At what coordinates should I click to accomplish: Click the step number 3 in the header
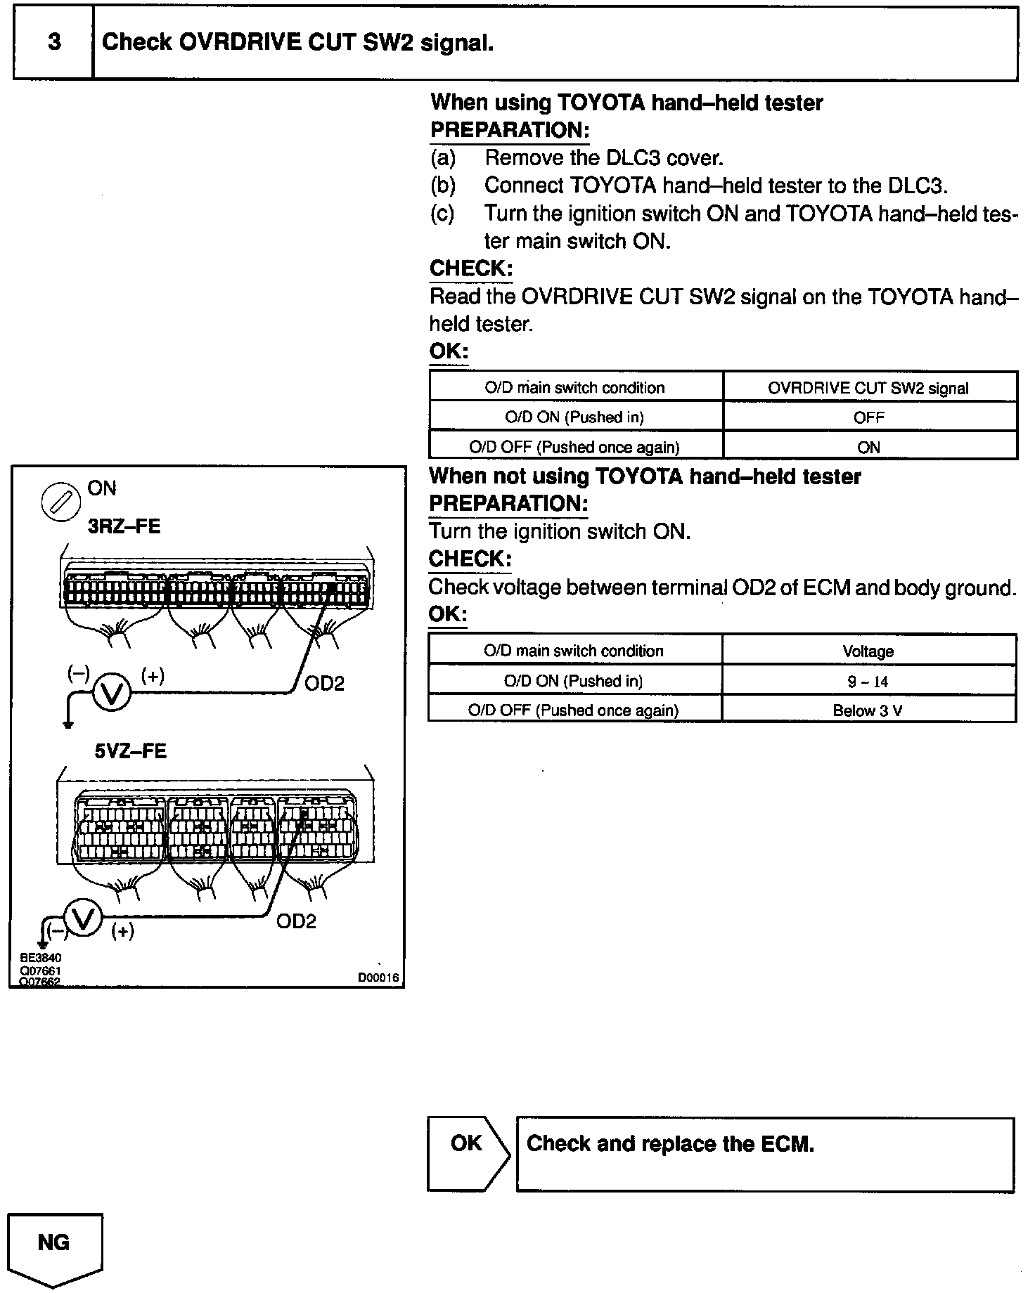[x=53, y=43]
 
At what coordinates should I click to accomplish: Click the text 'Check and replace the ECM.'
[x=670, y=1144]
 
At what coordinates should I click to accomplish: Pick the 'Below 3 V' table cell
[x=868, y=710]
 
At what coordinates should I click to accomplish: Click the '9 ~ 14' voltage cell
[x=868, y=681]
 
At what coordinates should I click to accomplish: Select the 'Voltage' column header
[x=868, y=651]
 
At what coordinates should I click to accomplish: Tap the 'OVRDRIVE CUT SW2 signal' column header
[x=868, y=388]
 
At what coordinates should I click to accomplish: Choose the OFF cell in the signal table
[x=868, y=417]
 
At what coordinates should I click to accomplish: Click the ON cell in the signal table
[x=868, y=447]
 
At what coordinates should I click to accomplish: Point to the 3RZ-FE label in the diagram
[x=124, y=526]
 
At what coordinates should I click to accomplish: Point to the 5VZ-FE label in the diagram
[x=131, y=751]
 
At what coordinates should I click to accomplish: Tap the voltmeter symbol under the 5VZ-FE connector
[x=83, y=918]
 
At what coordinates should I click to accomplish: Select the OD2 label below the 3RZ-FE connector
[x=324, y=683]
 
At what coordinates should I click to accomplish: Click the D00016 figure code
[x=378, y=977]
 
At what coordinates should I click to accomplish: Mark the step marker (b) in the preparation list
[x=442, y=186]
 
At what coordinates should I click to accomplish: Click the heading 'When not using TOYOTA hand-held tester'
[x=645, y=476]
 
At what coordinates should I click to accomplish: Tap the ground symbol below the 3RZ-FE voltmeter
[x=67, y=724]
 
